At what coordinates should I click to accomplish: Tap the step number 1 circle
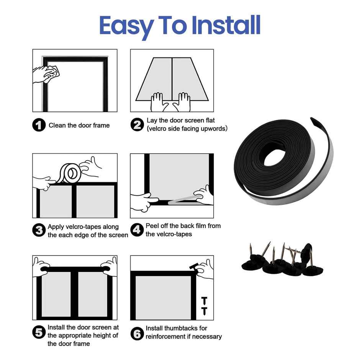point(39,125)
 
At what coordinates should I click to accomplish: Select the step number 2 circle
point(137,125)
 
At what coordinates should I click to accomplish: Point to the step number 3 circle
point(39,231)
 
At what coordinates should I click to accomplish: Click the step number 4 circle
point(137,230)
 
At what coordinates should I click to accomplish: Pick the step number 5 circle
point(39,332)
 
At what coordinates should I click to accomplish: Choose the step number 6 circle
point(137,333)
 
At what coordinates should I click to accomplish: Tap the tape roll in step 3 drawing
point(71,173)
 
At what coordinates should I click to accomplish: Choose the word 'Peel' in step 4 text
point(152,226)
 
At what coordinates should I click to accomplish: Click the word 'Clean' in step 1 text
point(57,125)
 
